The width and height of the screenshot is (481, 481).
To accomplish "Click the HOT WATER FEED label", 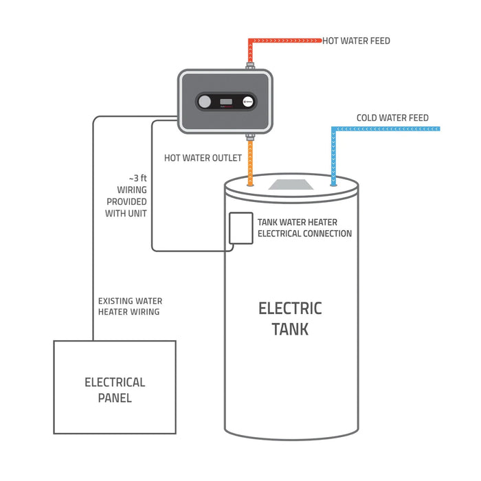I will point(356,41).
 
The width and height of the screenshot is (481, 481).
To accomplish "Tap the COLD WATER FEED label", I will point(392,118).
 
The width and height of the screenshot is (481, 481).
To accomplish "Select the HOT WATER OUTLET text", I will point(203,158).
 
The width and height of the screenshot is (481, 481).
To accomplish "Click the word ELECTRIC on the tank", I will point(290,308).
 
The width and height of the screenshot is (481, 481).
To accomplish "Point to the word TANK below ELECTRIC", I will point(290,329).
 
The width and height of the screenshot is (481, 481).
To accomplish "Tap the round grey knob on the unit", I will point(205,102).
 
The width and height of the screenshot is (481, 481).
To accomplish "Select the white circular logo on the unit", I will point(248,102).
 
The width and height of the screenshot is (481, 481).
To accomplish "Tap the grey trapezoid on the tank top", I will point(291,184).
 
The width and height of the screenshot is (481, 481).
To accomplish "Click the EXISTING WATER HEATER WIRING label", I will point(131,306).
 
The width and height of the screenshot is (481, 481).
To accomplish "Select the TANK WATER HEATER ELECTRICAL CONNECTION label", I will point(304,228).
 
